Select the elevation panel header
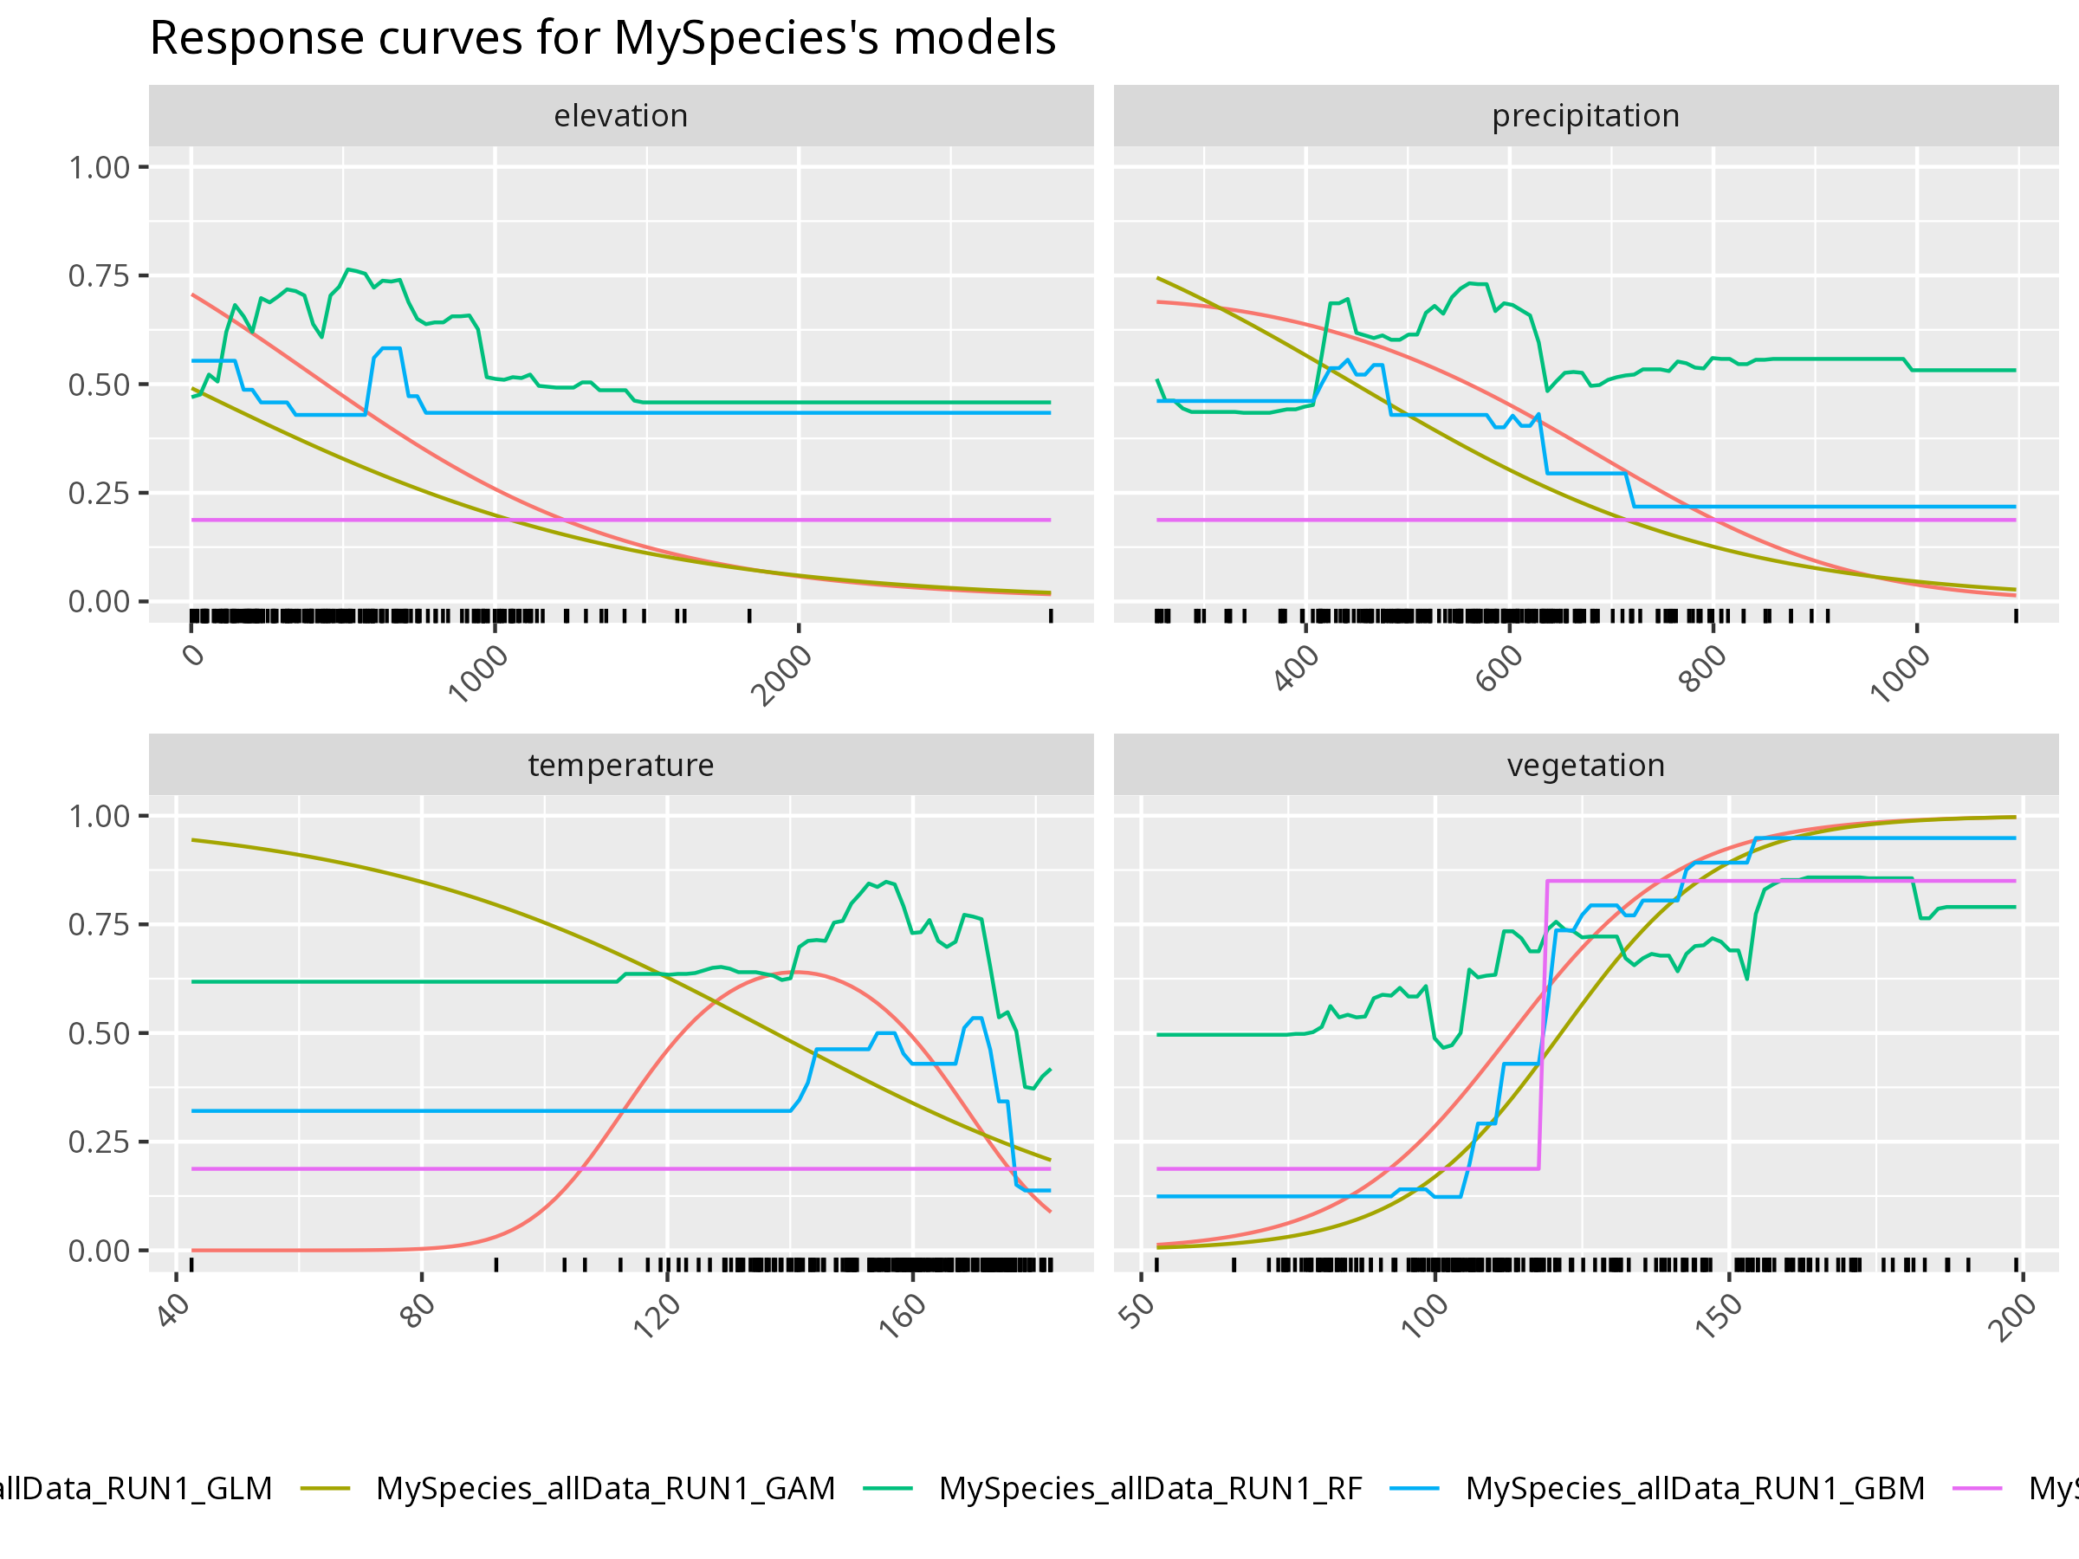[620, 115]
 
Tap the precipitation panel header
[1585, 115]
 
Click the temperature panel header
[620, 765]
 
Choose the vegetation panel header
[1585, 765]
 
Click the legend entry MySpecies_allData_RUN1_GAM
[606, 1489]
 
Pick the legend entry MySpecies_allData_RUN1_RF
[1150, 1489]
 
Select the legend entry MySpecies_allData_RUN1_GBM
[1694, 1489]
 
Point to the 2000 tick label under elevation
[782, 676]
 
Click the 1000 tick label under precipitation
[1901, 674]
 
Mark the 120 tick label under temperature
[657, 1316]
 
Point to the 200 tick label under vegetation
[2013, 1316]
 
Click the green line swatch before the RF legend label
[887, 1489]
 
